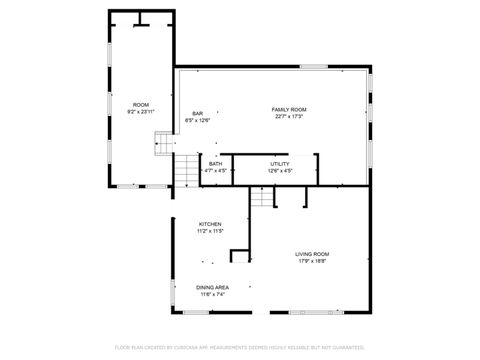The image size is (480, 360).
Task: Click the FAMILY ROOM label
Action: [x=288, y=109]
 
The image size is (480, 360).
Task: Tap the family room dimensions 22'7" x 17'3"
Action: [x=288, y=116]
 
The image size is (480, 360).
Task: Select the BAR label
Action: [x=198, y=114]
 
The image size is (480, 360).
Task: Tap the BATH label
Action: [x=215, y=164]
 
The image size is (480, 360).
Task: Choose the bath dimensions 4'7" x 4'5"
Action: [x=215, y=171]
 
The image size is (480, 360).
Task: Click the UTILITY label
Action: [x=280, y=164]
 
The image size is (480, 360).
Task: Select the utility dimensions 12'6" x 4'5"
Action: [x=280, y=171]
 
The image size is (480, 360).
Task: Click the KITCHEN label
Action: [x=210, y=224]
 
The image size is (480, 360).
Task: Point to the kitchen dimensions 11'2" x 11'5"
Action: [x=210, y=231]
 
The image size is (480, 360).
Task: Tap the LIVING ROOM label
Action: [x=313, y=254]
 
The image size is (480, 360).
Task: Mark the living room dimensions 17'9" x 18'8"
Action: [x=313, y=261]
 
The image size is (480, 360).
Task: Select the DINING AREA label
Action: [x=213, y=287]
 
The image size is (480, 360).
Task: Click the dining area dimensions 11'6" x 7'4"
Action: [x=213, y=294]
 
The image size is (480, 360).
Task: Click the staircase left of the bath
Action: [x=188, y=170]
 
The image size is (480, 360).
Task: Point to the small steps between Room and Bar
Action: [x=162, y=147]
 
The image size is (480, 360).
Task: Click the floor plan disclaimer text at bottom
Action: [x=240, y=347]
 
